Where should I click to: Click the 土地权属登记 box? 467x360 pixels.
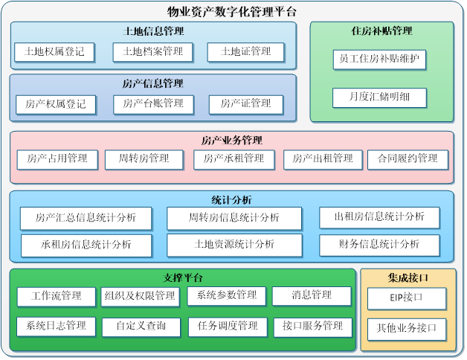point(55,52)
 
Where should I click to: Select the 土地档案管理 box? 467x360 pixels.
point(152,52)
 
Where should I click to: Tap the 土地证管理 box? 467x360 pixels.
point(245,52)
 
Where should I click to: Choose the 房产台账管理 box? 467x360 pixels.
point(152,104)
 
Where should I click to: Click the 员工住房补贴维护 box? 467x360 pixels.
point(379,60)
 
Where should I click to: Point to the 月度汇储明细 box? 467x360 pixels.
point(379,97)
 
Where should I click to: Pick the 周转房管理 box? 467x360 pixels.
point(147,159)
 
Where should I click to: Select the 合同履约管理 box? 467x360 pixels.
point(408,159)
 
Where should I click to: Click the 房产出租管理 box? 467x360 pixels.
point(323,159)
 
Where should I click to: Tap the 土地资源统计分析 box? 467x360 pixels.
point(234,245)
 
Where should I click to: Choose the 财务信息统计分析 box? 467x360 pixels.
point(379,245)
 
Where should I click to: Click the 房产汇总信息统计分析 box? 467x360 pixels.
point(86,218)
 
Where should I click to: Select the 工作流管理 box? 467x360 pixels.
point(57,297)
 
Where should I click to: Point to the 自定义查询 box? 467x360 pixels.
point(141,326)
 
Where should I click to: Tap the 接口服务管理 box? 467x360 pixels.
point(312,326)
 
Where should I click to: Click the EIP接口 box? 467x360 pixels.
point(407,298)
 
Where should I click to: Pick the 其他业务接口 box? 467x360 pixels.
point(407,329)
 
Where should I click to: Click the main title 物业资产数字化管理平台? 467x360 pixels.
point(232,12)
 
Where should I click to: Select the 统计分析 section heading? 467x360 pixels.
point(231,200)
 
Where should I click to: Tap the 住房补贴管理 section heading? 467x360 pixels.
point(381,31)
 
